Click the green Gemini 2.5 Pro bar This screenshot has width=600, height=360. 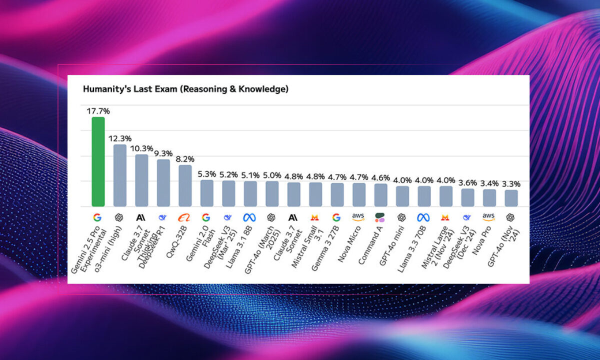tap(98, 161)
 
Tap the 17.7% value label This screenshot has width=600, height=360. tap(98, 111)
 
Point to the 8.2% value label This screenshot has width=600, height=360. tap(185, 159)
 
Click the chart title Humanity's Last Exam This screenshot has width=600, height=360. tap(185, 89)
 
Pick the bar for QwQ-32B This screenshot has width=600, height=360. tap(185, 185)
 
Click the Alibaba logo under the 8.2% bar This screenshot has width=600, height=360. tap(185, 217)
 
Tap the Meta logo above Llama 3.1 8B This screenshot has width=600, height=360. tap(250, 217)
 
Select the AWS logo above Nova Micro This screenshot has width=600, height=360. tap(358, 217)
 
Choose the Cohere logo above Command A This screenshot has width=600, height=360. tap(380, 217)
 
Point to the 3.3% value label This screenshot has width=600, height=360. tap(511, 184)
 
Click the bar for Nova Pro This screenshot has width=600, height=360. tap(489, 197)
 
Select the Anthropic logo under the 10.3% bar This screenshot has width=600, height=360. tap(141, 217)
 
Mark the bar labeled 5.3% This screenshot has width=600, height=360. tap(206, 193)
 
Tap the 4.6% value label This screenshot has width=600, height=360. tap(380, 177)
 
